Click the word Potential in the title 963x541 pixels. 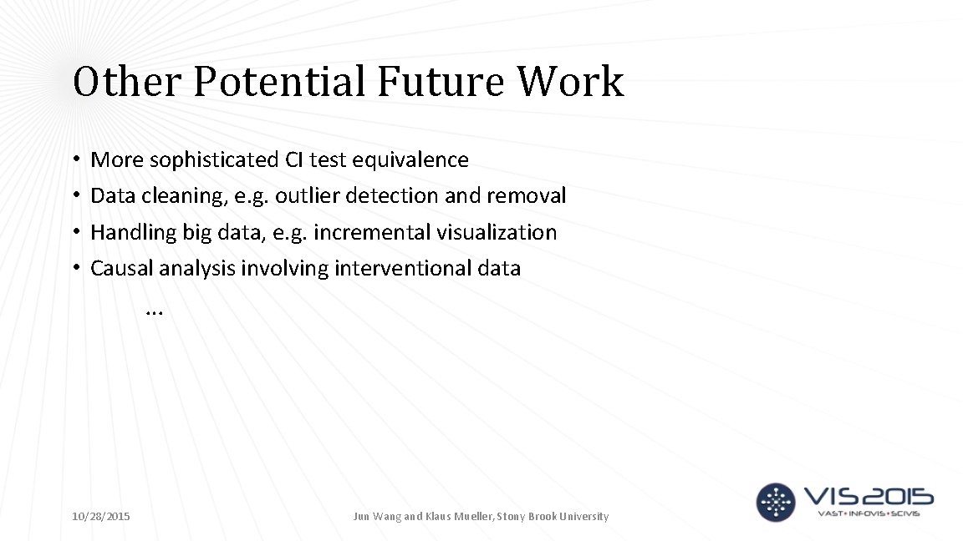point(280,82)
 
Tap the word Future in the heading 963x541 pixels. point(441,82)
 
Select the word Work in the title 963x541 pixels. point(570,82)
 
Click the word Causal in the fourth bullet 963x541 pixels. point(121,268)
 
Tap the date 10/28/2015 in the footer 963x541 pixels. point(101,517)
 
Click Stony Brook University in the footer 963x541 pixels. point(554,517)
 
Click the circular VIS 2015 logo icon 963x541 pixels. point(776,502)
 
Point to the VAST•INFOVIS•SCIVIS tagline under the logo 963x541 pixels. point(869,513)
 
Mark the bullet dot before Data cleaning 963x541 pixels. point(75,196)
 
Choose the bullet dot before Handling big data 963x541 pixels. point(75,232)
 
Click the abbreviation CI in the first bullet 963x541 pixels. point(295,159)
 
